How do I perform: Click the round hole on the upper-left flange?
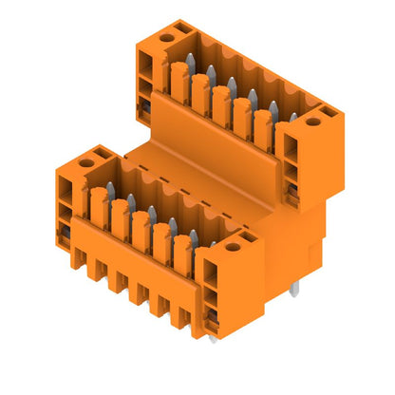point(167,38)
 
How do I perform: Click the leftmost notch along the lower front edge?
point(76,258)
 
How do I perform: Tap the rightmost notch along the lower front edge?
point(178,318)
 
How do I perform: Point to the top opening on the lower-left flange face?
point(66,183)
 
